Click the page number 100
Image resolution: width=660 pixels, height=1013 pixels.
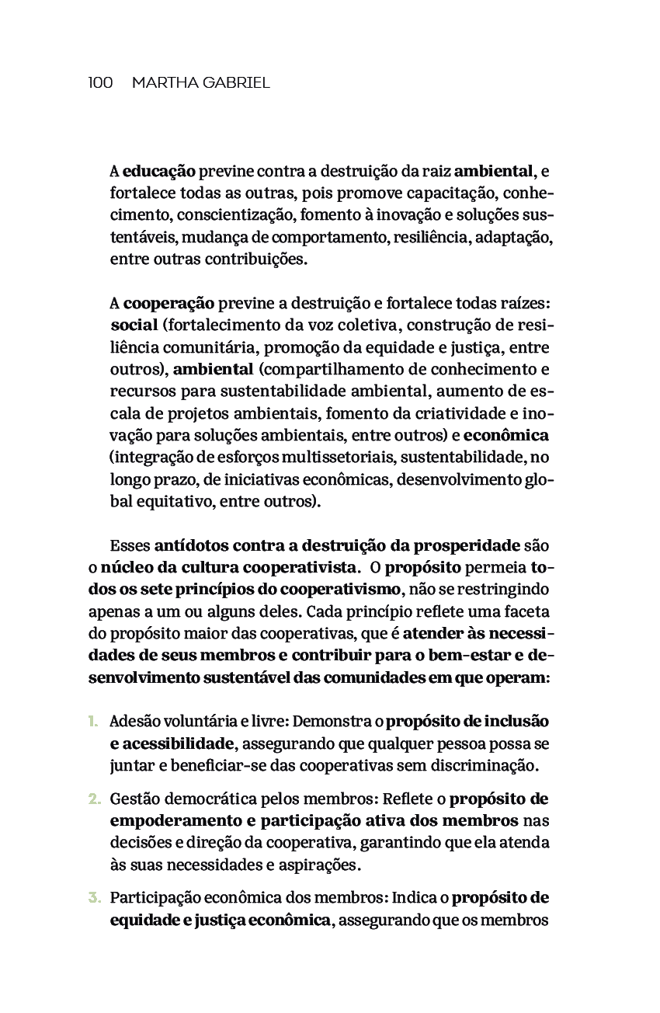101,82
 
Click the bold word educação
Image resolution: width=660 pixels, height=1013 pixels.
158,171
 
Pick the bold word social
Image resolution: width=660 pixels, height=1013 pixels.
134,325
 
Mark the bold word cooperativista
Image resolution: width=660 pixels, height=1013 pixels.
304,567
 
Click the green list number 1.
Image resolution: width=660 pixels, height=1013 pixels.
92,722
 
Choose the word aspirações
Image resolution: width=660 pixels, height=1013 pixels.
314,864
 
